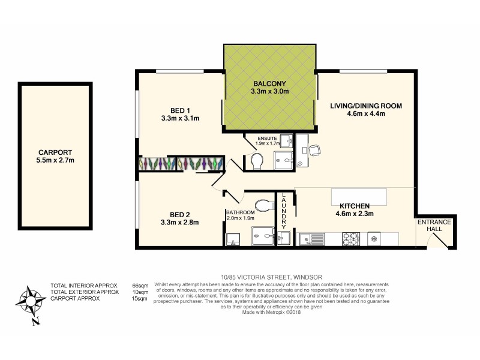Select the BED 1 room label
180,110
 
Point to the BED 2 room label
180,214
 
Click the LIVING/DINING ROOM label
365,106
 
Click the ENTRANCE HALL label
434,226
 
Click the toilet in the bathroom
263,205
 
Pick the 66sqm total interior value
139,285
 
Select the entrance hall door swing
436,239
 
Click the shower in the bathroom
263,236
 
